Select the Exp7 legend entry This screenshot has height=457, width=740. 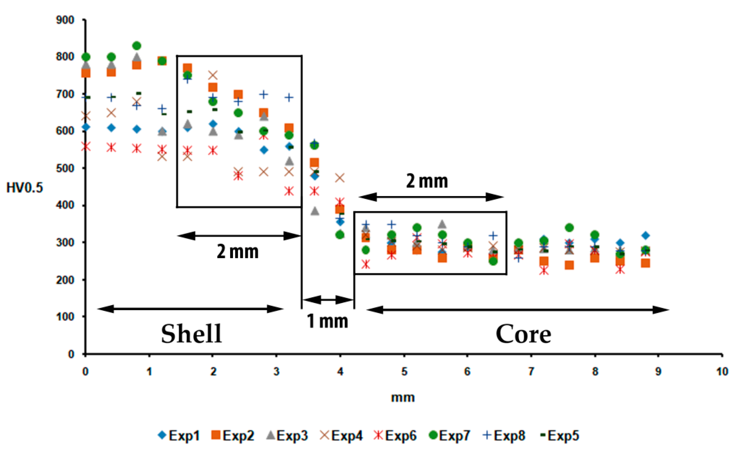(x=450, y=436)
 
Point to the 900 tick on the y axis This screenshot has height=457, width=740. (x=65, y=20)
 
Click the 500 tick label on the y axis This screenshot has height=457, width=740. (x=65, y=168)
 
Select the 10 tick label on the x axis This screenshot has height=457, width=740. (x=722, y=371)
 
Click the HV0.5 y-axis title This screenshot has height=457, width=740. (x=25, y=188)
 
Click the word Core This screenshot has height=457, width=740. (x=524, y=334)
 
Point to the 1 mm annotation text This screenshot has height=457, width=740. (x=327, y=321)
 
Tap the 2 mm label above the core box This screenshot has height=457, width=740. (x=427, y=181)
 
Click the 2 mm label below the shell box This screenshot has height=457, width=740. (x=238, y=252)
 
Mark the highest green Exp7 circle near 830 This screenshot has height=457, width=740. (x=137, y=46)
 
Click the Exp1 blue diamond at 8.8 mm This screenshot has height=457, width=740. (x=646, y=235)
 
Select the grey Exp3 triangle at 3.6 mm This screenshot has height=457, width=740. (x=315, y=211)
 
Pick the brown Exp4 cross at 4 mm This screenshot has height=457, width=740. (x=340, y=178)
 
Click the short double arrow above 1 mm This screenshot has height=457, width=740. (x=328, y=300)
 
